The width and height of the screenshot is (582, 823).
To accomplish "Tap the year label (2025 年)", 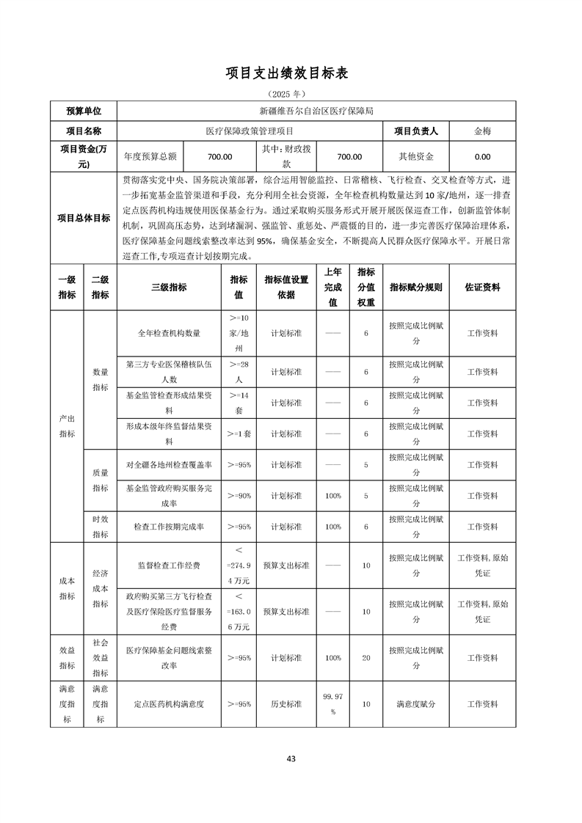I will [x=291, y=94].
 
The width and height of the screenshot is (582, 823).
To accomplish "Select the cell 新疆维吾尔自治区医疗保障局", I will [x=316, y=111].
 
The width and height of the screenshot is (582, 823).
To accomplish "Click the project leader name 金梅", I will [x=482, y=131].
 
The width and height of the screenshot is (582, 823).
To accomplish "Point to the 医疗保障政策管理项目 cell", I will [x=250, y=131].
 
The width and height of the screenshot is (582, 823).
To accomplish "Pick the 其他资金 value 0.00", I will [x=482, y=156].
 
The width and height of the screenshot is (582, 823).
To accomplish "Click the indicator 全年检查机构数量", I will [x=169, y=333].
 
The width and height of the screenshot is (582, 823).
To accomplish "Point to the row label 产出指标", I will [x=67, y=425].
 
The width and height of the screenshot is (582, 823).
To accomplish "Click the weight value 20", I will [x=366, y=658].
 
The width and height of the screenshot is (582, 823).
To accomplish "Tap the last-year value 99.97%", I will [x=333, y=703].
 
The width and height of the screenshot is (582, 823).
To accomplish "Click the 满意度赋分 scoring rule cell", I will [x=416, y=703].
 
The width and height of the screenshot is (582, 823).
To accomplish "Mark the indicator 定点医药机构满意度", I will [x=169, y=703].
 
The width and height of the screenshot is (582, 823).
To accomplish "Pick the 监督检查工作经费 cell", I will [x=169, y=566].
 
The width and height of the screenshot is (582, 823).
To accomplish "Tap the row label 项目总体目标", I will [x=84, y=218].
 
